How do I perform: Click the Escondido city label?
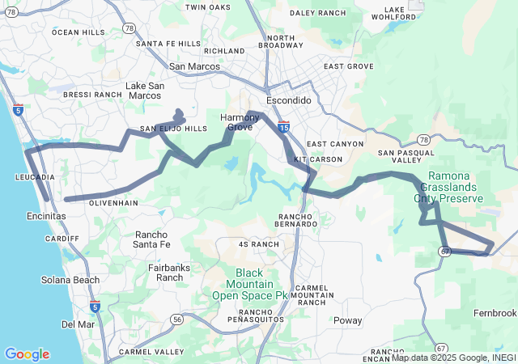[x=288, y=100]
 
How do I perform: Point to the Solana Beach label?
[x=70, y=280]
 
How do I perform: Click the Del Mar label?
[x=78, y=324]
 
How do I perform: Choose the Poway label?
[x=348, y=320]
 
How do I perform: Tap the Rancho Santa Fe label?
[x=151, y=239]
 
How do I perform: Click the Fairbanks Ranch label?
[x=170, y=272]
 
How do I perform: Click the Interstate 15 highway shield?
[x=283, y=127]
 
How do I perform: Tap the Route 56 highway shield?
[x=176, y=320]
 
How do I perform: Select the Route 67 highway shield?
[x=445, y=252]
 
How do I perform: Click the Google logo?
[x=27, y=354]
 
